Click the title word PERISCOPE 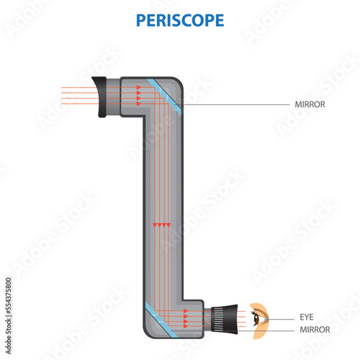179,19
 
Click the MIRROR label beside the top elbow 310,104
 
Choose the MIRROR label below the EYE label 315,329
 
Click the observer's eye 258,316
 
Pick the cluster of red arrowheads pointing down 162,225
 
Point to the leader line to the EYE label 284,317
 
